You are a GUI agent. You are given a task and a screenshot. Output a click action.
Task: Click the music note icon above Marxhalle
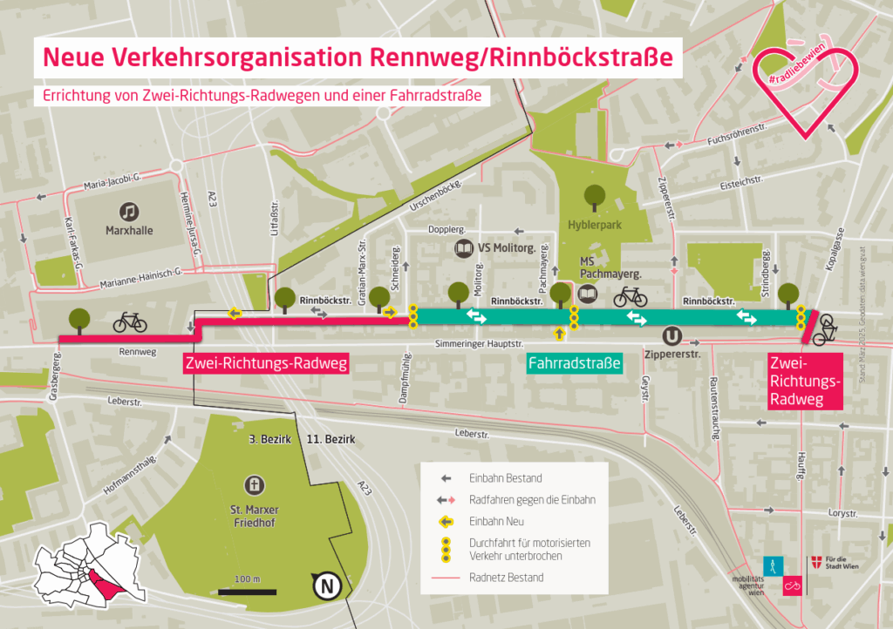(129, 211)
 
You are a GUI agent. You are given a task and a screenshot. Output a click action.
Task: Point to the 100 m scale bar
(247, 592)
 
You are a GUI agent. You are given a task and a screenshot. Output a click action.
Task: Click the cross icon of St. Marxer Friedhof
(255, 484)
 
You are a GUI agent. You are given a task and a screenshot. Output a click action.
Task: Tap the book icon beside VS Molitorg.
(463, 249)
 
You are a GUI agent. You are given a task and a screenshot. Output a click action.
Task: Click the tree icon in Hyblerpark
(596, 196)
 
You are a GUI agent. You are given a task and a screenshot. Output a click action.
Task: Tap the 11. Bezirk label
(331, 440)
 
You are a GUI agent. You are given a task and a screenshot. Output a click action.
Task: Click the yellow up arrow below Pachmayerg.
(559, 333)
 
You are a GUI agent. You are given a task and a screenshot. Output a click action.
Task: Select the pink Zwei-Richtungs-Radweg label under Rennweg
(266, 364)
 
